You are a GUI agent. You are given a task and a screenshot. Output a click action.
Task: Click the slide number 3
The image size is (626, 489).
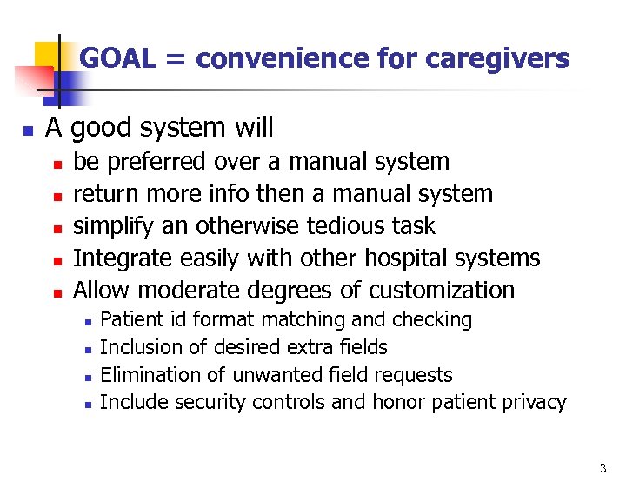tap(603, 469)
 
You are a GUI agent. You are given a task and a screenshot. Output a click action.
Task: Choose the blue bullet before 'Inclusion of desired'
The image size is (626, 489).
tap(87, 349)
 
